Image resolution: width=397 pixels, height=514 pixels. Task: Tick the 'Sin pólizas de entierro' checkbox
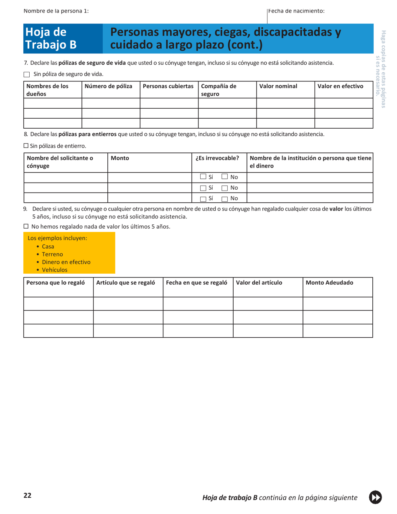point(25,146)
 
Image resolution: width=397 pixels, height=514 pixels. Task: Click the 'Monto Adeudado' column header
point(330,282)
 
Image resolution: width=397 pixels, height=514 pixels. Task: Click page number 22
point(27,496)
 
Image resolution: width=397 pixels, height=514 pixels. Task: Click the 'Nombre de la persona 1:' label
point(56,10)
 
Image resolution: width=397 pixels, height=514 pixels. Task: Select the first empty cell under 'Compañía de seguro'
point(226,103)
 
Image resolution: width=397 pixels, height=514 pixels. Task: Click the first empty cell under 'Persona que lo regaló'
point(58,303)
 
